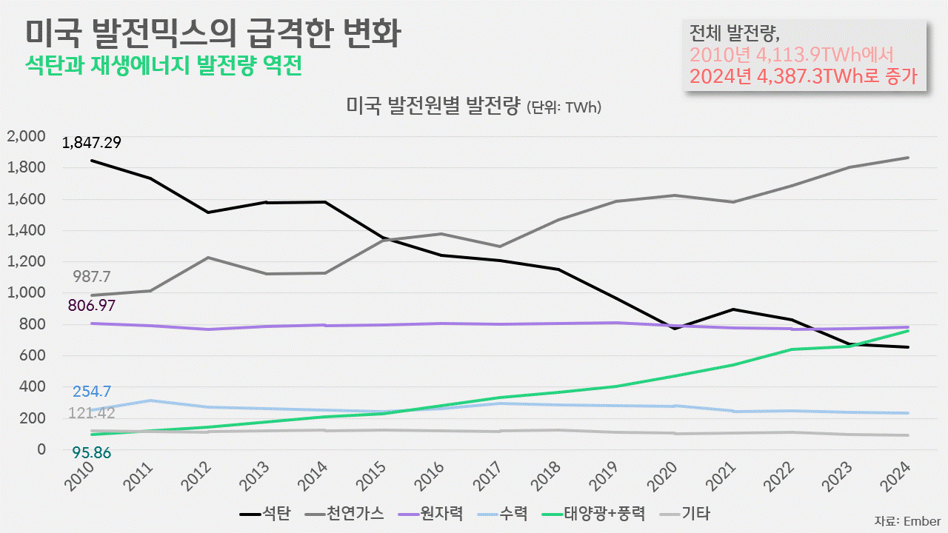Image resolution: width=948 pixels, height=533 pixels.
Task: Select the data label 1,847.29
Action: coord(92,143)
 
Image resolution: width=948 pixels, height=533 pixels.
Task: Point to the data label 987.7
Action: coord(92,276)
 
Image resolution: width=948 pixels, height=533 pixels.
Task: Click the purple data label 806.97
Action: coord(92,304)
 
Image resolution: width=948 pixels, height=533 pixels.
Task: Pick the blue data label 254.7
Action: coord(92,392)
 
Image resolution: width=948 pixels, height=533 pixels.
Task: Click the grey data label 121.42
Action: coord(92,412)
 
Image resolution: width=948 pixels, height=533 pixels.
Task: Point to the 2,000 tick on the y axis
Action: coord(27,136)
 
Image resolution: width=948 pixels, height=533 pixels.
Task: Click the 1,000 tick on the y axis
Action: coord(27,292)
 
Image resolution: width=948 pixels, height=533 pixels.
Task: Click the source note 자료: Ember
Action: coord(907,520)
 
